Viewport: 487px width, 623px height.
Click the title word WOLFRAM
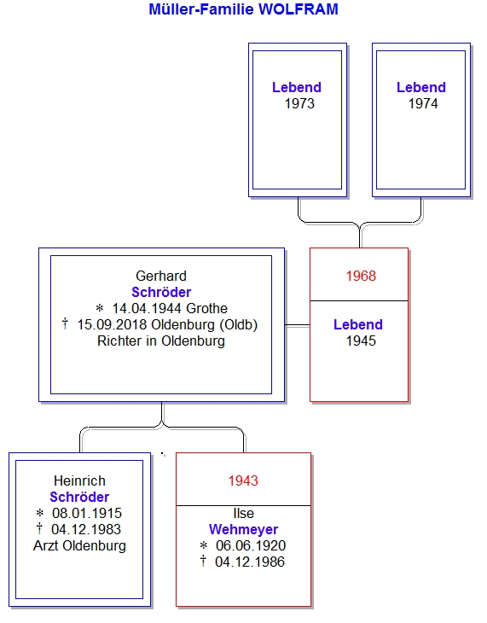tap(298, 9)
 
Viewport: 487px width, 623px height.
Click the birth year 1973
tap(299, 104)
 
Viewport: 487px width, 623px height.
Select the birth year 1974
tap(423, 104)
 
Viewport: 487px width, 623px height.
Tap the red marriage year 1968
tap(361, 276)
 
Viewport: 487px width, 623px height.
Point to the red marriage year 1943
tap(243, 480)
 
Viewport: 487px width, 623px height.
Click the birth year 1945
tap(361, 341)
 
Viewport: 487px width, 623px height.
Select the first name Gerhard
tap(161, 276)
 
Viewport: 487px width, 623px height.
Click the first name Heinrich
tap(79, 480)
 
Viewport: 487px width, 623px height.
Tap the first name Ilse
tap(243, 514)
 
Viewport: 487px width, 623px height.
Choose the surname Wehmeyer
tap(243, 529)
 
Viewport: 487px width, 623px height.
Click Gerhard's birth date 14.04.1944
tap(147, 308)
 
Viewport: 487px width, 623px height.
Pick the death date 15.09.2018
tap(113, 324)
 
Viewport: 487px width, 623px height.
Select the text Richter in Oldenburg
tap(161, 341)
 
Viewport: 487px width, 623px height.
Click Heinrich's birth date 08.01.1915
tap(87, 514)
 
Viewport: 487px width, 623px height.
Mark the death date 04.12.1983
tap(86, 529)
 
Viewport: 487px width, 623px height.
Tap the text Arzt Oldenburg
tap(79, 545)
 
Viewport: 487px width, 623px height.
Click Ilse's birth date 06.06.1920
tap(251, 545)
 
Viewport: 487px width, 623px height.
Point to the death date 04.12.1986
tap(250, 562)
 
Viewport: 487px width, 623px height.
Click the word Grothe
tap(206, 308)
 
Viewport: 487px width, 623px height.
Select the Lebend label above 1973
tap(296, 87)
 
